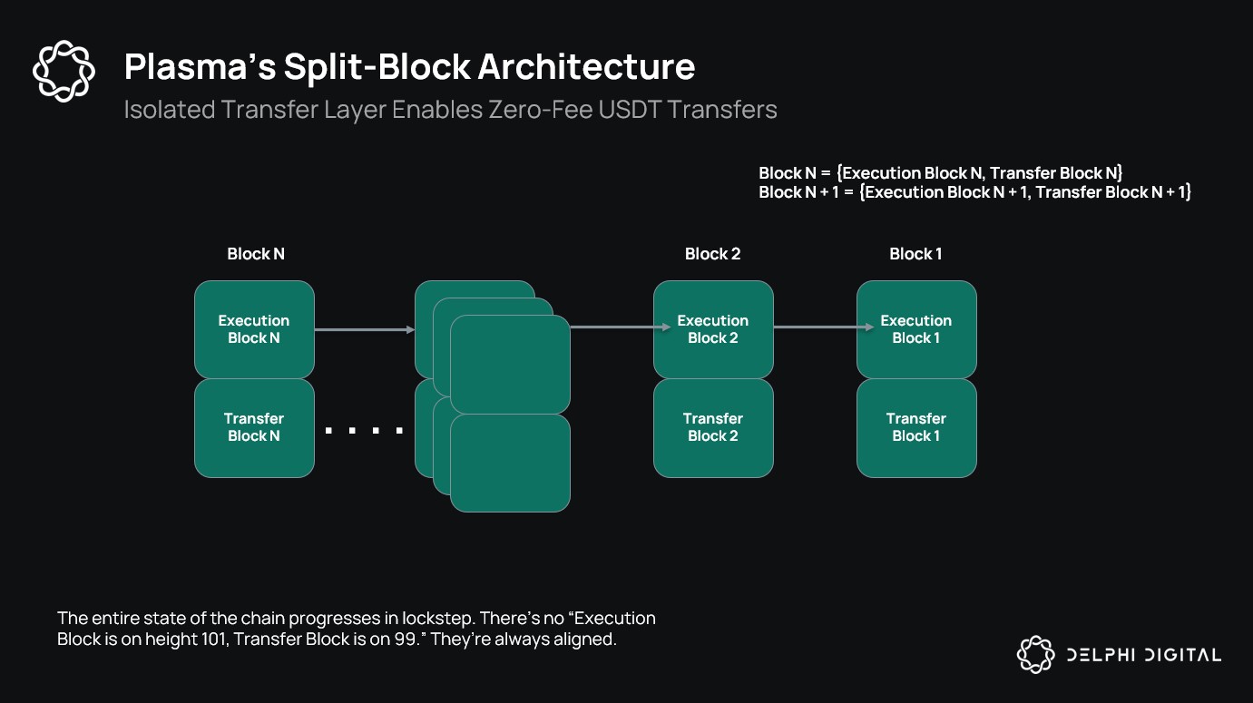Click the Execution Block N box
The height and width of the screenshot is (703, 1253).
(x=254, y=329)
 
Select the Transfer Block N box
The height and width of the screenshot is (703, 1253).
(x=254, y=427)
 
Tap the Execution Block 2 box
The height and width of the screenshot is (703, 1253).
(x=713, y=329)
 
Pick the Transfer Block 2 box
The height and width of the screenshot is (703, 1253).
(x=713, y=427)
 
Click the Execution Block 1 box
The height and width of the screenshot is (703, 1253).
(x=916, y=329)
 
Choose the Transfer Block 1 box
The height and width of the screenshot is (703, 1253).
(x=916, y=427)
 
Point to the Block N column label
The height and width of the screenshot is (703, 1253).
(x=255, y=254)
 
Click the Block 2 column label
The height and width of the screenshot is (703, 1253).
(x=712, y=254)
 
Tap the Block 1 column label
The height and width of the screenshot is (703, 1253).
(x=915, y=254)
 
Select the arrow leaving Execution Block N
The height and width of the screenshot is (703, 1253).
(x=364, y=329)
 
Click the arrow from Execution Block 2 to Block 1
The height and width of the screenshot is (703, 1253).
(x=815, y=327)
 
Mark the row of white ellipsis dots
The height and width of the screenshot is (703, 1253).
(x=364, y=431)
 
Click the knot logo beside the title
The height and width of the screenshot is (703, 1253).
(x=64, y=70)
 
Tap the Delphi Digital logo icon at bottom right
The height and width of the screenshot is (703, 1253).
(x=1035, y=655)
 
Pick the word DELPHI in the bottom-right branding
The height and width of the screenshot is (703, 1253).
(x=1102, y=655)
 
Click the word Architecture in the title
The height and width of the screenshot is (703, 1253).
(x=586, y=67)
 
